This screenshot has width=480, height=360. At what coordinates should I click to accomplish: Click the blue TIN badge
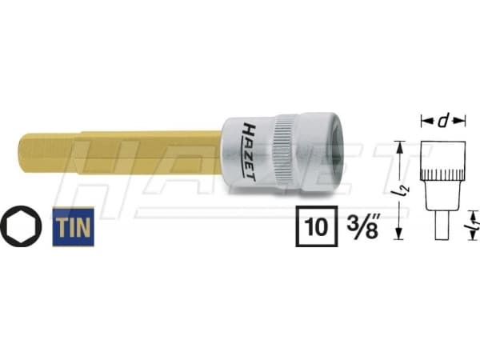pos(73,227)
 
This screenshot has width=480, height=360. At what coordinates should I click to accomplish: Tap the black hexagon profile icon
pos(20,228)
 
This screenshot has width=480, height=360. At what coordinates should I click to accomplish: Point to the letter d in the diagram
pos(442,121)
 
